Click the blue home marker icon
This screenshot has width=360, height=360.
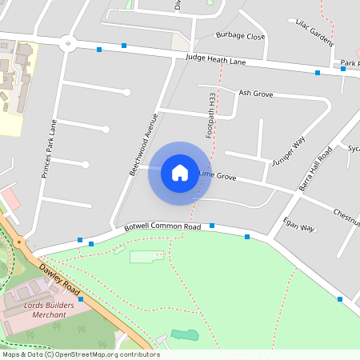click(180, 172)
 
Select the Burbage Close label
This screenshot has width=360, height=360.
click(240, 36)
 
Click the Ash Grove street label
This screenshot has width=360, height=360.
click(256, 94)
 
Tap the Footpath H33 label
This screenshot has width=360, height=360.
click(212, 115)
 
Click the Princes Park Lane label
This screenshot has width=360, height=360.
click(49, 149)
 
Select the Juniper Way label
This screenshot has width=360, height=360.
click(289, 151)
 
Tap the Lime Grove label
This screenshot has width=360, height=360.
click(217, 174)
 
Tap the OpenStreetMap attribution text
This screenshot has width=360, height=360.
click(81, 354)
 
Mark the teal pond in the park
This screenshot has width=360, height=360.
click(183, 334)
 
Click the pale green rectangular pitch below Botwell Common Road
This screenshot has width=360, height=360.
click(145, 257)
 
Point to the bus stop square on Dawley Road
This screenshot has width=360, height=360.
click(81, 298)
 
